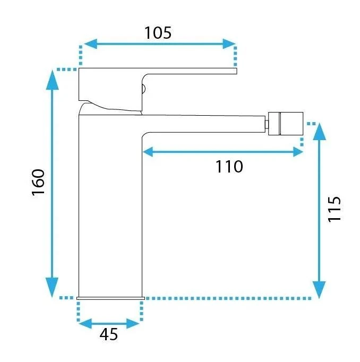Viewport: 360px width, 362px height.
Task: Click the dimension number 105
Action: point(158,33)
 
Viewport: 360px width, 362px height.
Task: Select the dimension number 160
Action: point(38,183)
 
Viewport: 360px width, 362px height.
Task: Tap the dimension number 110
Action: point(229,167)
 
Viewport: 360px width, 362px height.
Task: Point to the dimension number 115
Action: point(335,209)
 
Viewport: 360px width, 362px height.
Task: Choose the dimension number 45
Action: point(109,334)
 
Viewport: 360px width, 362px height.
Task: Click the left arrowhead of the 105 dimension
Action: point(90,44)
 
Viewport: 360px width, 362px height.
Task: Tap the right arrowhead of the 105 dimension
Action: point(229,44)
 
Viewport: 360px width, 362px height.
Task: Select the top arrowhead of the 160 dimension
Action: point(53,80)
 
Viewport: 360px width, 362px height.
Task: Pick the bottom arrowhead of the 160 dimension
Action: point(52,287)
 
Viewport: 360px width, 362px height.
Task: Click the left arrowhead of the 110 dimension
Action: point(148,152)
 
